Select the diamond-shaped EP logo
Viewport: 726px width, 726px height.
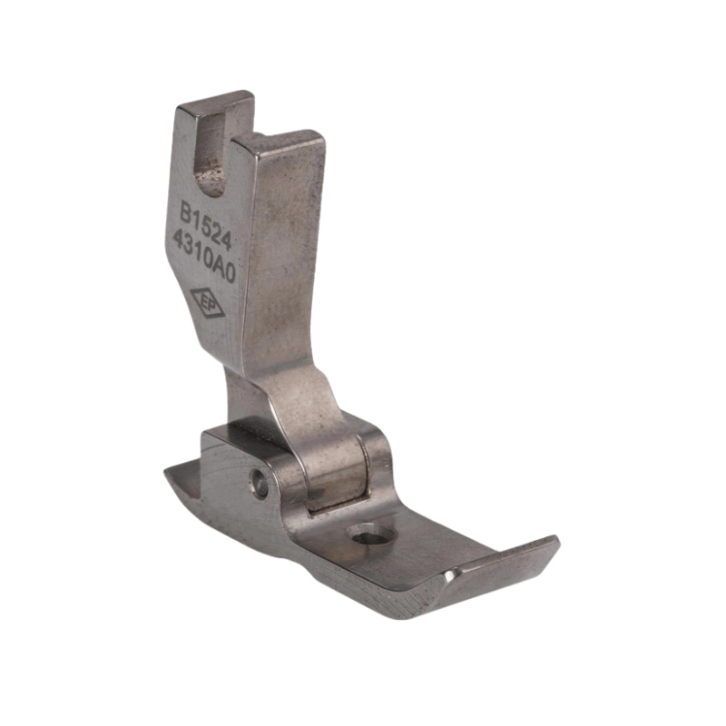click(x=208, y=304)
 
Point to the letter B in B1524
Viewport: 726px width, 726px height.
click(x=187, y=211)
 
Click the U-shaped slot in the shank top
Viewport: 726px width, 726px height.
click(x=214, y=152)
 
